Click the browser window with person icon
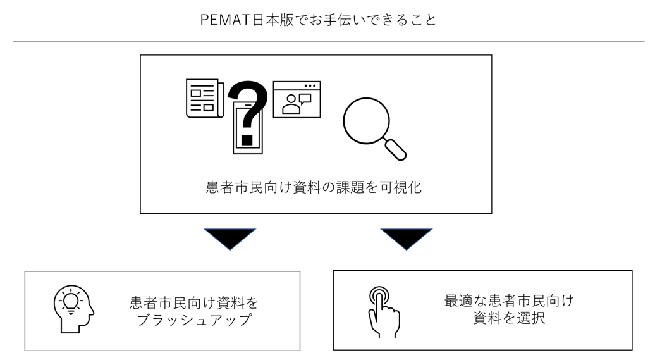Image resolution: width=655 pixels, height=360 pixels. click(297, 99)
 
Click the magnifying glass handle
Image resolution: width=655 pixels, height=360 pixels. click(397, 149)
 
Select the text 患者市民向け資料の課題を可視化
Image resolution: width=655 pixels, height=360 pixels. click(314, 188)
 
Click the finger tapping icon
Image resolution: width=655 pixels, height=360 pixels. click(383, 310)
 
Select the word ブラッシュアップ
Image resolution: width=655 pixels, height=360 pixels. click(195, 320)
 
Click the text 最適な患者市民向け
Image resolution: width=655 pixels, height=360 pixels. click(509, 301)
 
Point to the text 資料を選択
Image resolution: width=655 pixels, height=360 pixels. click(509, 319)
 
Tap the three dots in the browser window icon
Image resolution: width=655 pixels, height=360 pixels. click(310, 85)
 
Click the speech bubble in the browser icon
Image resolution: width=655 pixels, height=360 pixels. click(305, 99)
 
